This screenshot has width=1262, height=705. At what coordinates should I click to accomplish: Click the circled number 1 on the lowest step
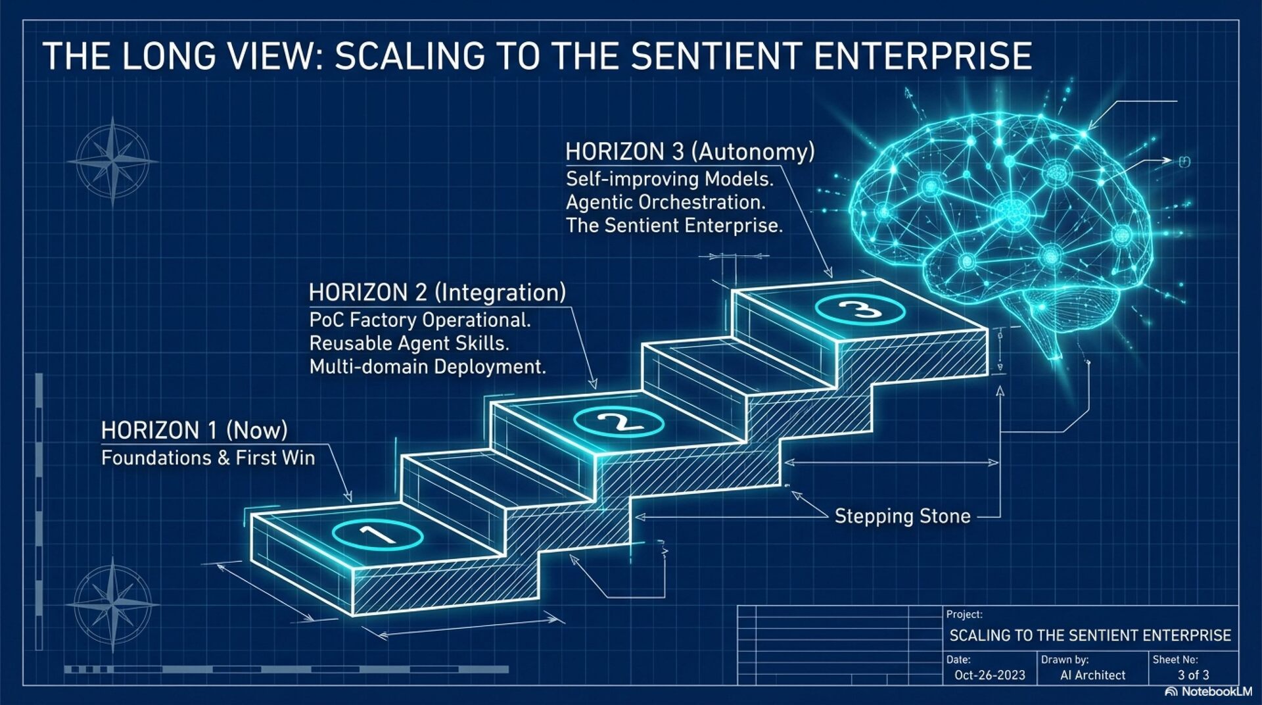(377, 534)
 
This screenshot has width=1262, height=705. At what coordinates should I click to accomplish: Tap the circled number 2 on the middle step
(619, 422)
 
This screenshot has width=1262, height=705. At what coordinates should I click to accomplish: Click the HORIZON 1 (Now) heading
(195, 431)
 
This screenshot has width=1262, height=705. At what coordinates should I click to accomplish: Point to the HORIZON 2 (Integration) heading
(437, 293)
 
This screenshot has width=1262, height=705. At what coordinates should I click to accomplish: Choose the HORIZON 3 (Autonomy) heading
(689, 152)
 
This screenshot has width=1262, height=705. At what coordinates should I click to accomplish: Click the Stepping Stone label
(902, 516)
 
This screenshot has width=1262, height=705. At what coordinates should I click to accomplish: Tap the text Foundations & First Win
(208, 458)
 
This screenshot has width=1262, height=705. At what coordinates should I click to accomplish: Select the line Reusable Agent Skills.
(409, 343)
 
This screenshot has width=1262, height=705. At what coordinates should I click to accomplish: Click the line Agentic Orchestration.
(665, 202)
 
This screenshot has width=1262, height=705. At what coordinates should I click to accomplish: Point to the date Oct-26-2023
(989, 675)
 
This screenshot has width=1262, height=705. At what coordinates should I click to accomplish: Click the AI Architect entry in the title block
(1092, 675)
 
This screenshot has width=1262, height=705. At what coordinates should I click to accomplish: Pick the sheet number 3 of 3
(1193, 675)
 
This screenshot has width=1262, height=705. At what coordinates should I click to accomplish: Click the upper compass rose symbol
(113, 160)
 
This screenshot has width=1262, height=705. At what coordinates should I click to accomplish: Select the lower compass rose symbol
(113, 603)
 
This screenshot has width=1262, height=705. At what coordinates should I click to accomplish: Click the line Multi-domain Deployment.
(427, 367)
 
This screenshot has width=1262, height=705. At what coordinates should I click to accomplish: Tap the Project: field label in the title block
(964, 614)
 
